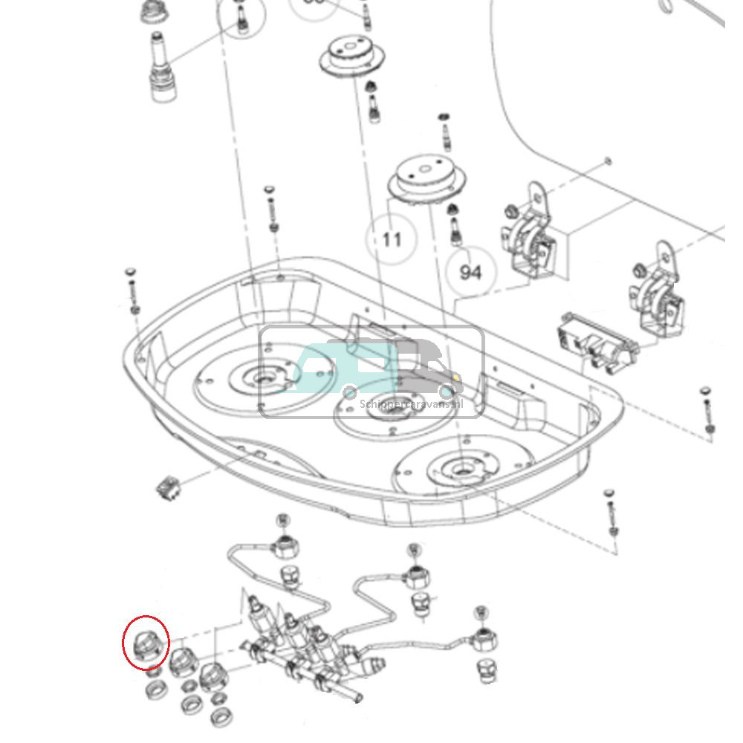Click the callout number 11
(392, 239)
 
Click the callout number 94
(470, 273)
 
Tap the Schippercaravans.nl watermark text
(411, 404)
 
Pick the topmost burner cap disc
(354, 56)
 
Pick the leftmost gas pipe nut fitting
(284, 547)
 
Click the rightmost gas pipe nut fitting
(484, 637)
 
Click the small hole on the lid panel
(609, 160)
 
